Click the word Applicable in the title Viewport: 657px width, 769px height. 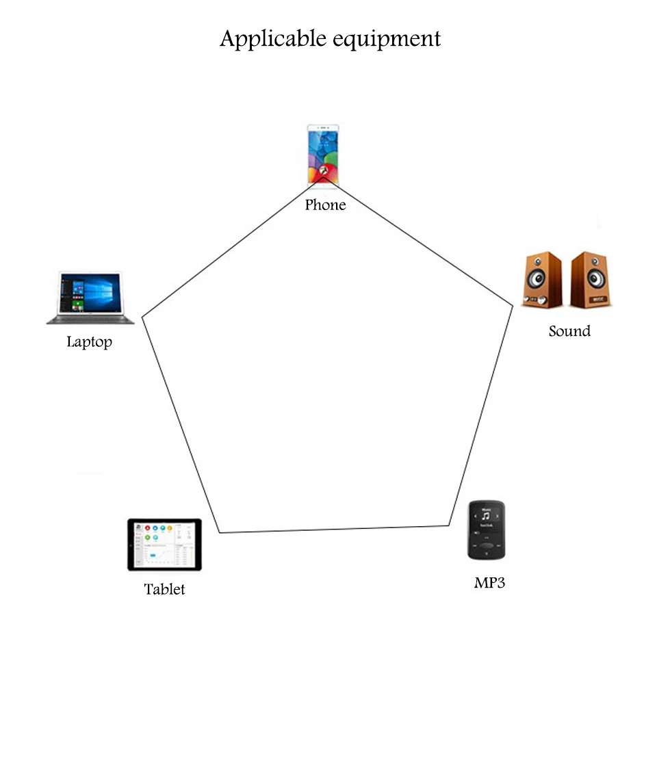(x=273, y=39)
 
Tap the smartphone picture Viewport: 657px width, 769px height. (x=323, y=155)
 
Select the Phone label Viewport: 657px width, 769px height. (x=325, y=205)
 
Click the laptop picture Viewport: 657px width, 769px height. (x=90, y=298)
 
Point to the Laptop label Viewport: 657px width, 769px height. (x=89, y=342)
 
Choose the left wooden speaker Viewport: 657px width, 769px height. (x=542, y=280)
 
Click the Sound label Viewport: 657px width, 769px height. (x=569, y=331)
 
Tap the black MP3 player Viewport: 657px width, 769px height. (x=487, y=530)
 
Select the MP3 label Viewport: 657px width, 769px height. (x=489, y=583)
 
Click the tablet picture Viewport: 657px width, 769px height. (x=164, y=545)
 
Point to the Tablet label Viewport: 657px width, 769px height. (x=164, y=589)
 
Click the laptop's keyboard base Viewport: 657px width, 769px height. (x=90, y=320)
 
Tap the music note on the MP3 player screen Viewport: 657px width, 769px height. (x=486, y=516)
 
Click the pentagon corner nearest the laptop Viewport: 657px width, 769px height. (x=142, y=317)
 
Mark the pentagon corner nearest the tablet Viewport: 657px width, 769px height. (x=219, y=532)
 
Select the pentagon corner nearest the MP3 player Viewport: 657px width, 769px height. (x=449, y=525)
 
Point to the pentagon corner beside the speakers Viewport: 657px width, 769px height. (x=513, y=306)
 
